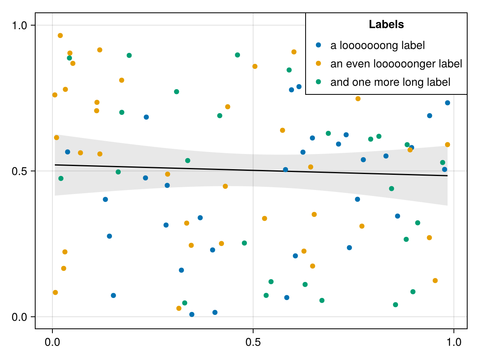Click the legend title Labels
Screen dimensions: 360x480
click(x=386, y=24)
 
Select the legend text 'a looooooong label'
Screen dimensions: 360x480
click(x=377, y=45)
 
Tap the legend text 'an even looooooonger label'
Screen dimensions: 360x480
click(x=396, y=64)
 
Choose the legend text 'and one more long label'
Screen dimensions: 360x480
click(x=390, y=82)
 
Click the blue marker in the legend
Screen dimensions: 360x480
click(x=318, y=45)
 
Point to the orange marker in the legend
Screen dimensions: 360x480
click(x=318, y=63)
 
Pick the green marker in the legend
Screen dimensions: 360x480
click(x=318, y=82)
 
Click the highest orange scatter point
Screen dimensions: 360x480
click(x=60, y=36)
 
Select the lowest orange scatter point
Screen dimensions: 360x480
click(x=179, y=308)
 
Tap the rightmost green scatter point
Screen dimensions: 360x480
click(x=443, y=162)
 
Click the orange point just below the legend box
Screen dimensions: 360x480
click(x=358, y=99)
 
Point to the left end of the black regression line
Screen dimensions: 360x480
click(x=55, y=165)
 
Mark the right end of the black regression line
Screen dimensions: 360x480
click(x=447, y=176)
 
